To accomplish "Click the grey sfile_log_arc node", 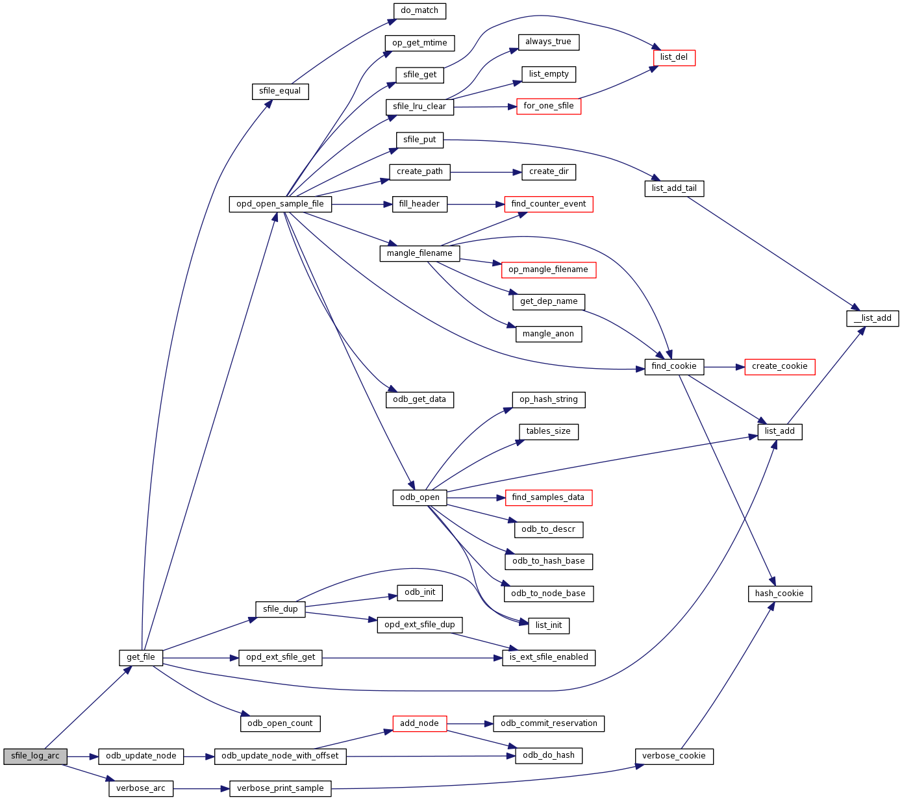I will (x=35, y=756).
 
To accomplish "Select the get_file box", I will (x=140, y=658).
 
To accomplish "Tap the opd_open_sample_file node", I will (x=280, y=204).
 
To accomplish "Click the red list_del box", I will (x=673, y=57).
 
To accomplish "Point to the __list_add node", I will (x=873, y=318).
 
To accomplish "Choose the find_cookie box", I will (x=673, y=366).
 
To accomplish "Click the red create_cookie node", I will (x=779, y=366).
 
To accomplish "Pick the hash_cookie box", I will (x=779, y=594).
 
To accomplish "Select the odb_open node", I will (x=420, y=497).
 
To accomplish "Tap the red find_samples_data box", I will (x=548, y=497).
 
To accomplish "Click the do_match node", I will (x=420, y=10).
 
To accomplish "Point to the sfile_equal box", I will (x=280, y=91).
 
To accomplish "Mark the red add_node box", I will (x=420, y=723).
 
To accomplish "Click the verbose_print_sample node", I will (x=280, y=788).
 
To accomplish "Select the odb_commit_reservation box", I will (x=549, y=723).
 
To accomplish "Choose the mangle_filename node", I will (x=420, y=253).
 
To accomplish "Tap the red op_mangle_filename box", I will (x=548, y=269).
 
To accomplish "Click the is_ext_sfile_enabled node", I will (x=549, y=657).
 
